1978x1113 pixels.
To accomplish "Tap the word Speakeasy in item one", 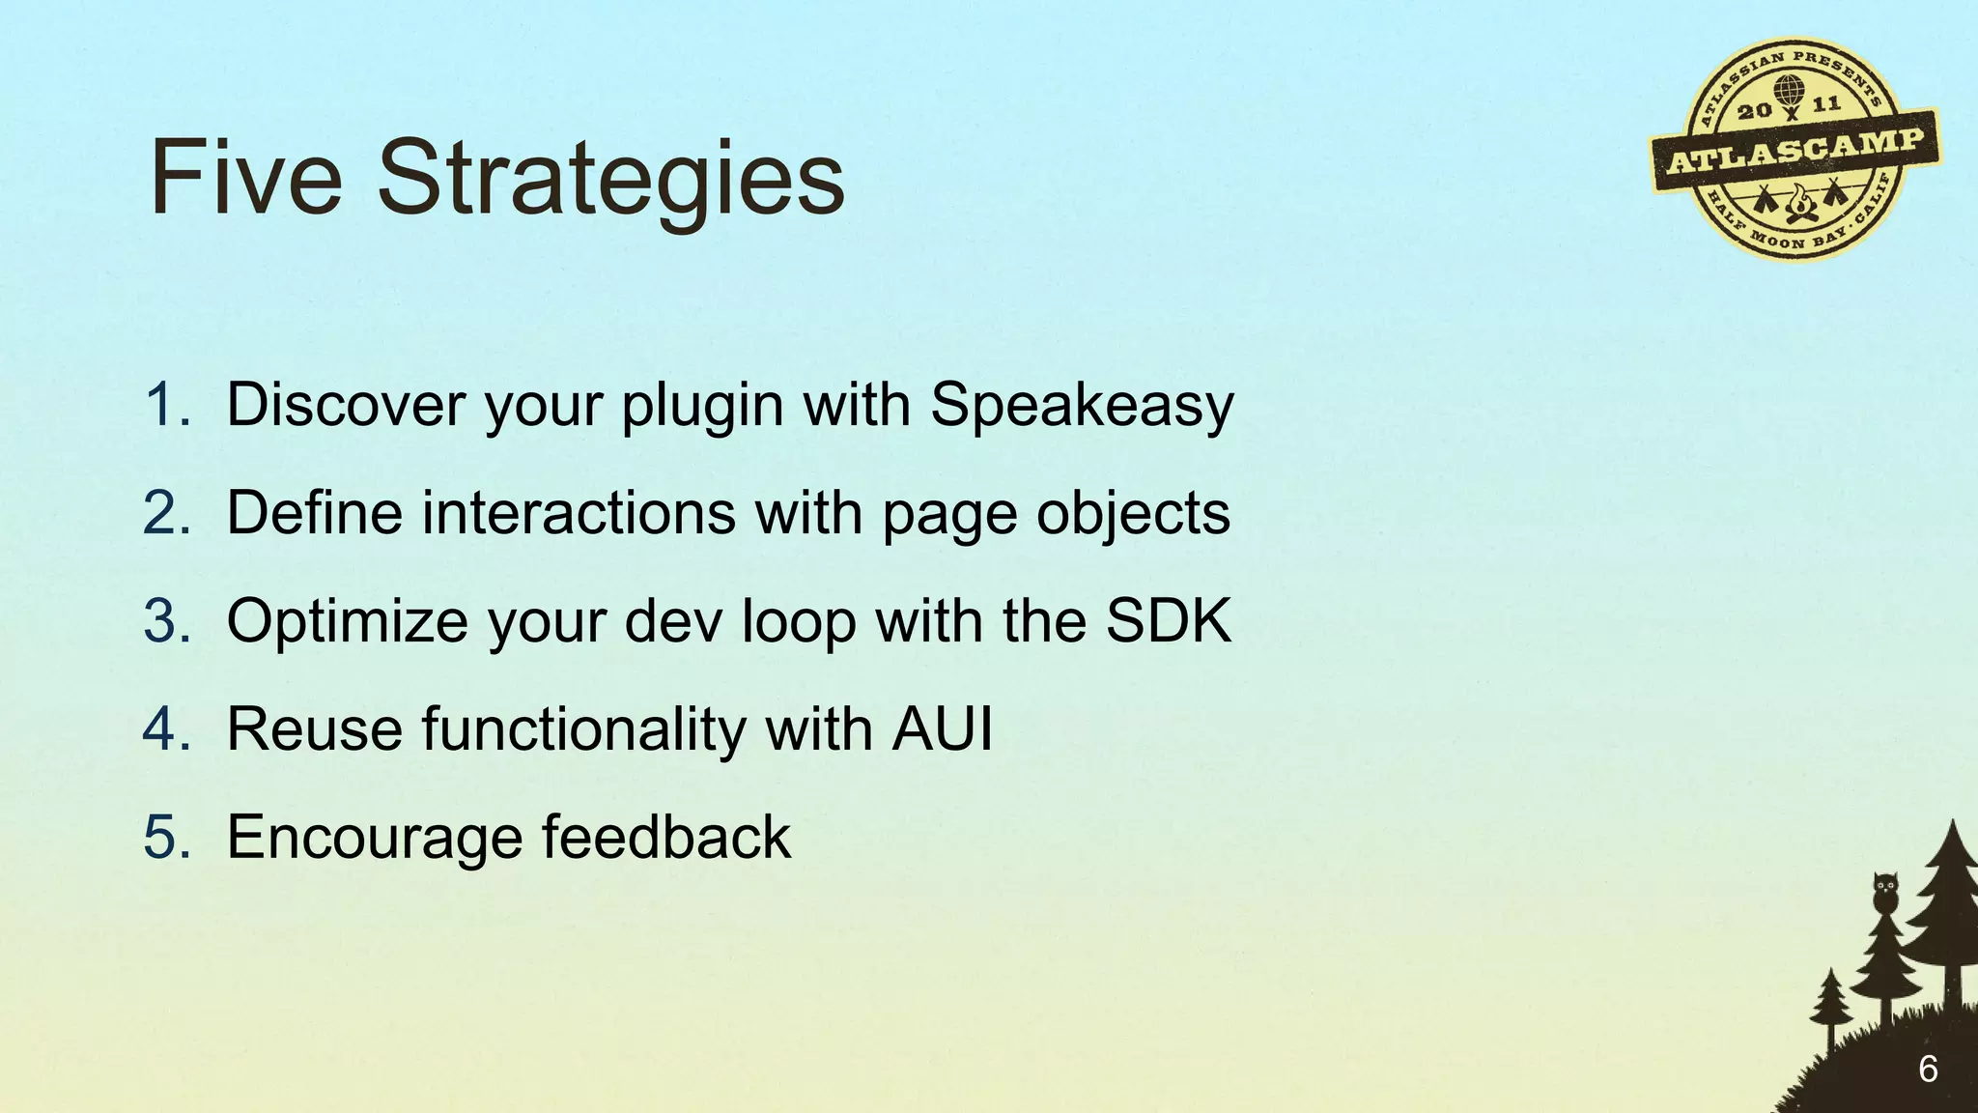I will (x=1082, y=406).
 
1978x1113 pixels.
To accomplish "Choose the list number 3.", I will (x=166, y=620).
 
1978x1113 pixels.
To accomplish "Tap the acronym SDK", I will (x=1169, y=620).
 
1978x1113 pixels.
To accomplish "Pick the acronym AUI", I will (x=942, y=728).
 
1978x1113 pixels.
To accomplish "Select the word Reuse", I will (x=314, y=728).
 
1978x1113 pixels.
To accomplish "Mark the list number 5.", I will (x=166, y=837).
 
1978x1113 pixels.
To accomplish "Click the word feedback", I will (x=665, y=837).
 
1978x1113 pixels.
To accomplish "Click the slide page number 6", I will (x=1928, y=1070).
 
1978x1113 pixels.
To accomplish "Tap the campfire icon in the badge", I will (x=1797, y=205).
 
